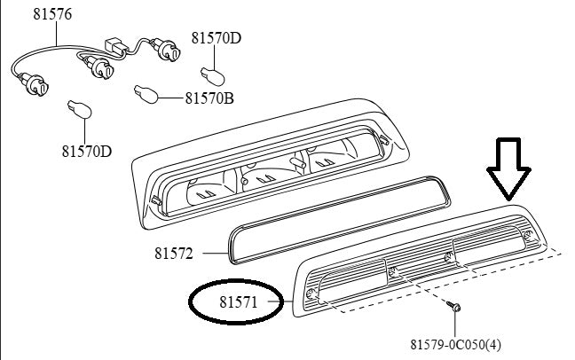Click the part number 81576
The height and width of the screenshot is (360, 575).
tap(52, 14)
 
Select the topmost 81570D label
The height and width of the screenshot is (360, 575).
tap(217, 38)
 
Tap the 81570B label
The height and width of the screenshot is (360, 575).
tap(209, 98)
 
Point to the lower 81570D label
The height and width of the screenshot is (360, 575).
tap(87, 151)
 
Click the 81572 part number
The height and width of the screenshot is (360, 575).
tap(173, 254)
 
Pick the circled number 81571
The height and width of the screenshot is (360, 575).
tap(239, 302)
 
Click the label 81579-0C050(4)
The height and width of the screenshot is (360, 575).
tap(455, 345)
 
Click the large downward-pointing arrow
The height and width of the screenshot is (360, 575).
tap(508, 169)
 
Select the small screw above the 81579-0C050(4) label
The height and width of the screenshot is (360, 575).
tap(454, 306)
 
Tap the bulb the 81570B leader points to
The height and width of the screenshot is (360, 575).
tap(146, 94)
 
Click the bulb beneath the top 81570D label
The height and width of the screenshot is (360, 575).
tap(213, 76)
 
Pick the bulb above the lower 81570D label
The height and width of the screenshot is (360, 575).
tap(80, 109)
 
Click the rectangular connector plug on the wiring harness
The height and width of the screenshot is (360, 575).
tap(116, 46)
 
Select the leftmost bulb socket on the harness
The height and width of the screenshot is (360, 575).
tap(35, 84)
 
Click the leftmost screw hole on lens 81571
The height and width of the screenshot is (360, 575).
tap(311, 294)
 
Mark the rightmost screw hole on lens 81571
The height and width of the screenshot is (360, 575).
tap(528, 235)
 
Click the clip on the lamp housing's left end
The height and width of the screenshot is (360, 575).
tap(156, 200)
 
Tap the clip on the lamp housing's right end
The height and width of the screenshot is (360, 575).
tap(383, 140)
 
